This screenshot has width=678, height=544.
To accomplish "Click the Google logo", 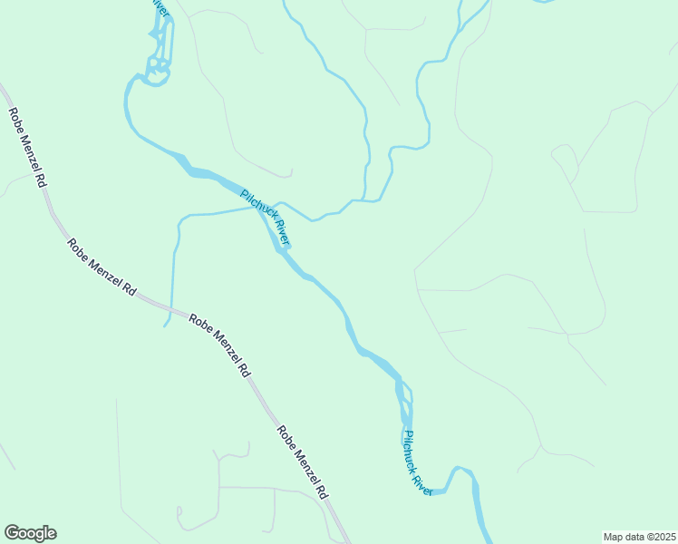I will click(x=30, y=533).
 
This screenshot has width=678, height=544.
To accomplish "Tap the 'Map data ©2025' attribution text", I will click(x=639, y=537).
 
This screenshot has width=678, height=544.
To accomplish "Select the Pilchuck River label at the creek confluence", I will click(x=265, y=218).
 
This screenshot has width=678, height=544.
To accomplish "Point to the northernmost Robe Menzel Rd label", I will click(x=27, y=148).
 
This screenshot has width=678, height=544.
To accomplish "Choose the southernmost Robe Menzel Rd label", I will click(x=302, y=462).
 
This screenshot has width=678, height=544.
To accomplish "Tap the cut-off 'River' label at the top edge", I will click(x=160, y=6).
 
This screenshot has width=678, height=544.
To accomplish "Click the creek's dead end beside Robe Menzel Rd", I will click(x=165, y=325).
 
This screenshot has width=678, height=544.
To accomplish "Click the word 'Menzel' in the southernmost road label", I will click(x=300, y=461).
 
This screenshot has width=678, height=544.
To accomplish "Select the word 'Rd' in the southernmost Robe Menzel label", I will click(x=321, y=491).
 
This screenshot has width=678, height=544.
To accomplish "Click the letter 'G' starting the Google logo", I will click(x=13, y=533).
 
